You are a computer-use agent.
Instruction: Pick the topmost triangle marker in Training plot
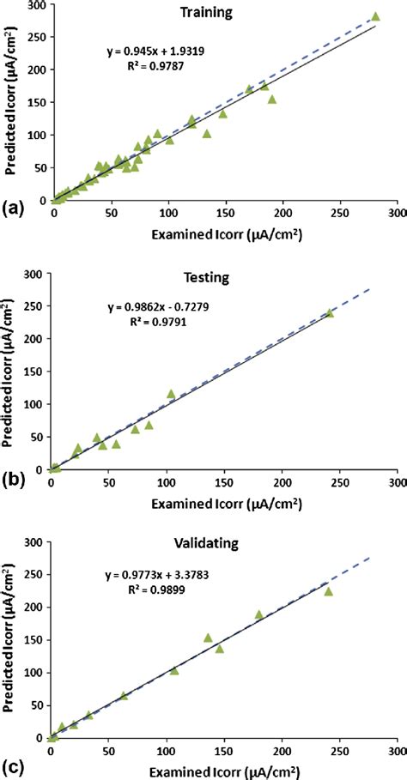pos(375,16)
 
